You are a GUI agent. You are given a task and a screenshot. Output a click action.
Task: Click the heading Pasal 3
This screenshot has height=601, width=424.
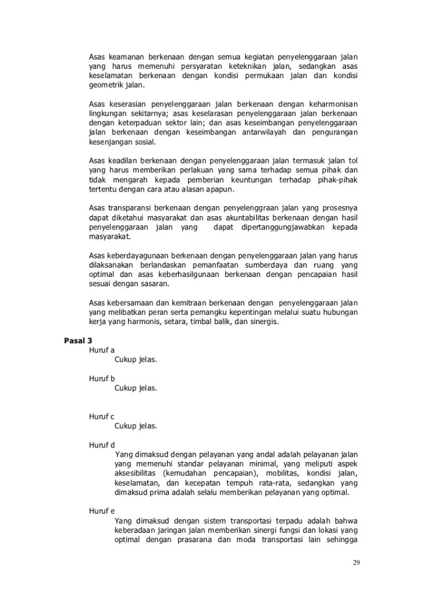click(x=78, y=341)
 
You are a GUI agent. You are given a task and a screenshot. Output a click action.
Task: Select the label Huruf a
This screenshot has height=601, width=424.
click(x=102, y=349)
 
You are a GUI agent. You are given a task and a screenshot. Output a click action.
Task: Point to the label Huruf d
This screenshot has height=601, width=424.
click(x=102, y=444)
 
